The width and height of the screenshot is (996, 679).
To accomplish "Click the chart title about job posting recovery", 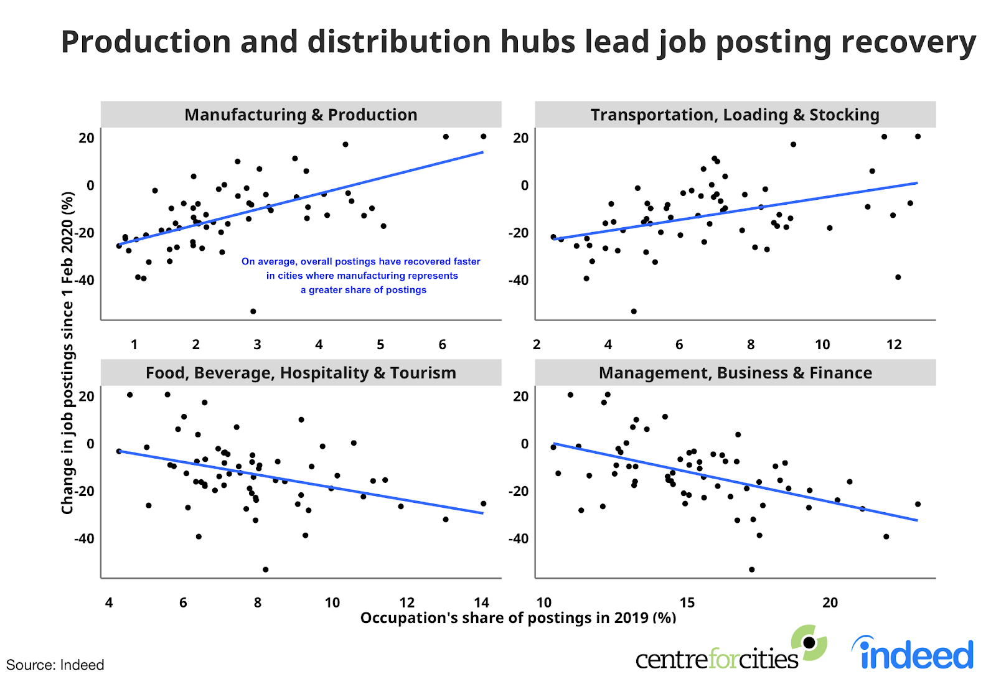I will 518,42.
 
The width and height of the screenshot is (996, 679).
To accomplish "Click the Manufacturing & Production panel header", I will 301,115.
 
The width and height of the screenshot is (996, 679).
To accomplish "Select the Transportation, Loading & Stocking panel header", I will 735,115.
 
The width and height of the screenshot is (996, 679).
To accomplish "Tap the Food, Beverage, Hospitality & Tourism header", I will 301,373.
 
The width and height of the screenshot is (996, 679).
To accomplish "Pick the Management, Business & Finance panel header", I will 735,373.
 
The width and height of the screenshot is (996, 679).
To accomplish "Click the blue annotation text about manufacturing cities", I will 361,276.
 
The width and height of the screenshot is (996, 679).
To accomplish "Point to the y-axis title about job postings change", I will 67,353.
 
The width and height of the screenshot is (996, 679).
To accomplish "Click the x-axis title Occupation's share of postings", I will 518,618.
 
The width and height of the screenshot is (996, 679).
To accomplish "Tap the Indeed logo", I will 913,653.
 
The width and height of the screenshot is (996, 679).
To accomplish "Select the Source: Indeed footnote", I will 55,665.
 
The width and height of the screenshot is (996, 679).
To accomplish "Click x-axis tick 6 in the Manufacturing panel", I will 443,345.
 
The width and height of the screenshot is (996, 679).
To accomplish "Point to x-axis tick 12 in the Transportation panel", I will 894,345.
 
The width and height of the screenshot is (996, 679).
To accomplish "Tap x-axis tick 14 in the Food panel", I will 481,602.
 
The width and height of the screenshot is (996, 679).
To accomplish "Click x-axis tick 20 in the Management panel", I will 830,602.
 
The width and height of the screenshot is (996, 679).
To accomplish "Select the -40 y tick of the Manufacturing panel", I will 85,280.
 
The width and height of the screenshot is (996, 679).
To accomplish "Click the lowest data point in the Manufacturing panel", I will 253,311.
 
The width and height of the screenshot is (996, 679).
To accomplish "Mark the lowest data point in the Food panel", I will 266,569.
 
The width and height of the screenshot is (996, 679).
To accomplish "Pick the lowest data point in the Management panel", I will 752,569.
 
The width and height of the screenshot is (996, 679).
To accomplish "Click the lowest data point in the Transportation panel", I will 634,311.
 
